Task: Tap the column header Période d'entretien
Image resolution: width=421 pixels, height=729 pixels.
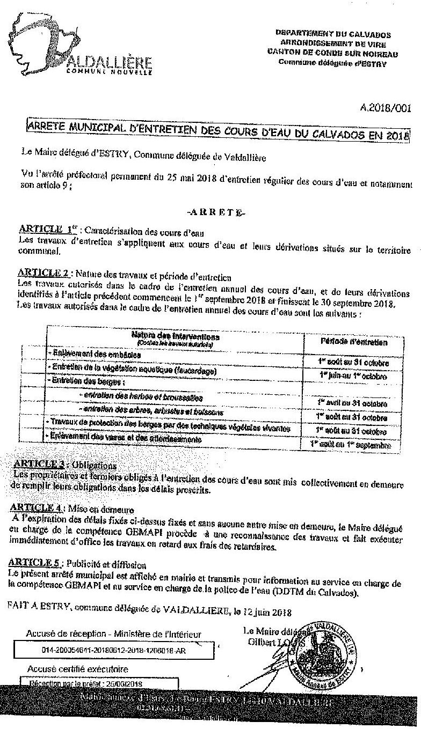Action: click(353, 341)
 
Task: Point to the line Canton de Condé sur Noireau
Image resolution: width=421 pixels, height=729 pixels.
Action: click(332, 53)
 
